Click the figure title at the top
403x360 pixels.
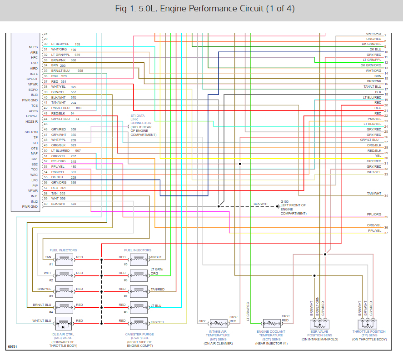point(201,9)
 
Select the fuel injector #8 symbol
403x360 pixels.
point(139,305)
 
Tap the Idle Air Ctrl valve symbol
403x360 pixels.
point(64,323)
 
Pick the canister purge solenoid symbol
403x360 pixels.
point(139,323)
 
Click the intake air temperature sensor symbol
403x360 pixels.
point(218,323)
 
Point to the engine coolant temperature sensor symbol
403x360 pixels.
point(274,323)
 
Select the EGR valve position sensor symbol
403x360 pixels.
point(319,324)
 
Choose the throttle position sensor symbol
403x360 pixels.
point(367,324)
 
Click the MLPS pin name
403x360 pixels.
point(33,47)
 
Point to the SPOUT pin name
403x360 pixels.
point(32,79)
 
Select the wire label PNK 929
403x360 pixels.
point(59,76)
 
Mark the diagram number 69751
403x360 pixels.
point(13,347)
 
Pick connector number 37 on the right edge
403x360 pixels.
point(386,233)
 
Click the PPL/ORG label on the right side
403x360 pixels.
point(374,214)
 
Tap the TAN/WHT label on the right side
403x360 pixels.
point(374,194)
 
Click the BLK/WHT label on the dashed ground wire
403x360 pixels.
point(261,204)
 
